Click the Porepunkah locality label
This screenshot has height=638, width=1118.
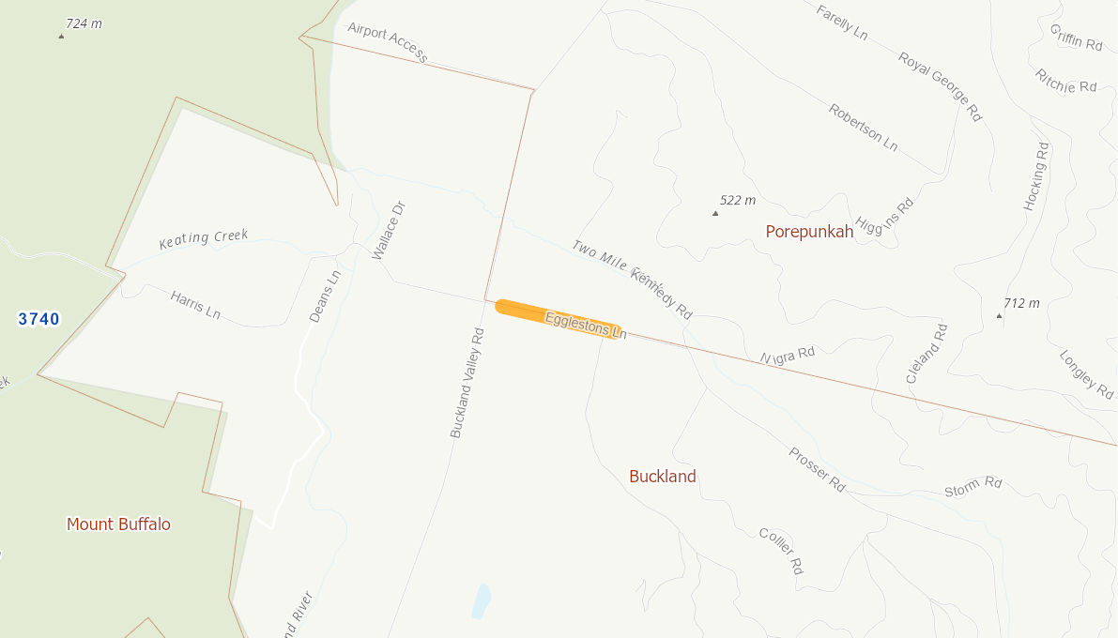click(x=809, y=232)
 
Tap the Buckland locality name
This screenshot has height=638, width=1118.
click(x=663, y=477)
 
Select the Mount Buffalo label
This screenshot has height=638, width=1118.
click(x=118, y=524)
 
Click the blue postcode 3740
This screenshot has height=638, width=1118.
click(x=39, y=319)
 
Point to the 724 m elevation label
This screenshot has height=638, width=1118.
click(x=84, y=23)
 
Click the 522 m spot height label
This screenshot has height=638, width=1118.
click(x=737, y=200)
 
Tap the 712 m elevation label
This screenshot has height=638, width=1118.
click(x=1021, y=303)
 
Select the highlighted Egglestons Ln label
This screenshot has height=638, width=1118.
click(x=585, y=325)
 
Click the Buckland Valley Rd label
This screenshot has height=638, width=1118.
click(x=466, y=383)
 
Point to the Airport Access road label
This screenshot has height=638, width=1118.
click(x=387, y=42)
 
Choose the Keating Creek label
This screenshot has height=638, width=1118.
click(x=204, y=238)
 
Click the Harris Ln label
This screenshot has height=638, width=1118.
click(x=195, y=304)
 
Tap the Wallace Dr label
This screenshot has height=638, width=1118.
click(x=388, y=231)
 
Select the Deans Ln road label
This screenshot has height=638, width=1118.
click(x=325, y=296)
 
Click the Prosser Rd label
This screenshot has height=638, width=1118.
click(x=817, y=469)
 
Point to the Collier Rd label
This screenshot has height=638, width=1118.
click(x=781, y=550)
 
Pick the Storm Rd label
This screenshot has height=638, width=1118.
click(x=973, y=487)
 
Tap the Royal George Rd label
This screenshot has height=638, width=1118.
click(x=940, y=86)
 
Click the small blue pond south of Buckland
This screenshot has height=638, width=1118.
click(x=481, y=600)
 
